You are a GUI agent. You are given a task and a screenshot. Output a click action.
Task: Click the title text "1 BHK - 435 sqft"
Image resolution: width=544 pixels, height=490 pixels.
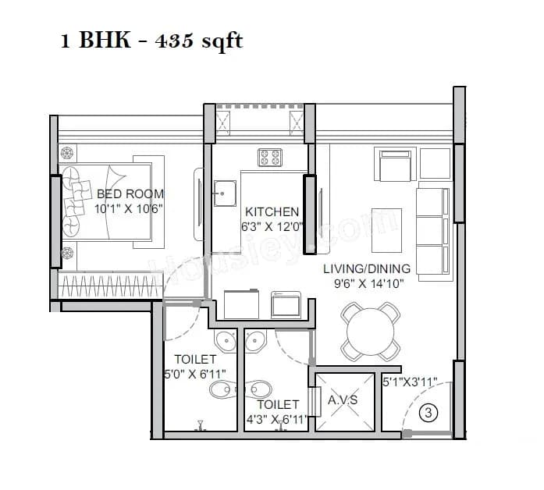coord(151,41)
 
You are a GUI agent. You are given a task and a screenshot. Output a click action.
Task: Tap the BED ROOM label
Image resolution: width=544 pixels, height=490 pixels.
coord(130,194)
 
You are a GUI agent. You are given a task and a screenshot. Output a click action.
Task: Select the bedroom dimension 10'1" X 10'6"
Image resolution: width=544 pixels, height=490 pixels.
coord(129,209)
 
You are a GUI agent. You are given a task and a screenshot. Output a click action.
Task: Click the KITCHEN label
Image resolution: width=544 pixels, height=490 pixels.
coord(272,211)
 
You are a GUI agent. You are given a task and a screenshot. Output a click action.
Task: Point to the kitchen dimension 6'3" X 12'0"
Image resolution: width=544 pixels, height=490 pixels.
coord(272,227)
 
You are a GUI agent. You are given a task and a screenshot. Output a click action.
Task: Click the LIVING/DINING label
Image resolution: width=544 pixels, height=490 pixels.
coord(367,268)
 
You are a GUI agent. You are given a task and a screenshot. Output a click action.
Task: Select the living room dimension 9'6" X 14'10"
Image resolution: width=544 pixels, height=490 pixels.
coord(367,284)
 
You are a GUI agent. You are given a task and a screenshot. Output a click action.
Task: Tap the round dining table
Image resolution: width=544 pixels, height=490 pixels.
coord(372,332)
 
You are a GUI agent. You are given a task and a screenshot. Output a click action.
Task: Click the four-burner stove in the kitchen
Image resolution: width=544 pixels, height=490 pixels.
coord(270,158)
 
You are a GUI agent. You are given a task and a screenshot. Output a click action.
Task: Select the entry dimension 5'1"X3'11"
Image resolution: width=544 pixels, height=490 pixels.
coord(409,383)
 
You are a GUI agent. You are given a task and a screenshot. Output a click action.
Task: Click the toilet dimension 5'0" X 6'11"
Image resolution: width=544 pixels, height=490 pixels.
coord(194,374)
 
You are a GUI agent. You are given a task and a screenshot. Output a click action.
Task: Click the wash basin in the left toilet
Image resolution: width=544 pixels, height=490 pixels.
coord(226,341)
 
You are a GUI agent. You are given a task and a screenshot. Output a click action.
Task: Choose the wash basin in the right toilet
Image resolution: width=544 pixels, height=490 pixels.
coord(254,340)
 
